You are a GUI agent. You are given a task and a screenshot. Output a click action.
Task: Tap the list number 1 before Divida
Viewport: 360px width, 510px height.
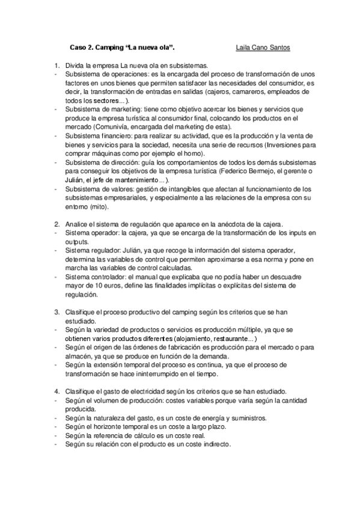[56, 66]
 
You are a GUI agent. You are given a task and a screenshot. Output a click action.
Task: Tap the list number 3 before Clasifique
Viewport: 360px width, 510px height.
[56, 312]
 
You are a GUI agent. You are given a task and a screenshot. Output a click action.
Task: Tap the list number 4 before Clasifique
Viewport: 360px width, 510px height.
[56, 391]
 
